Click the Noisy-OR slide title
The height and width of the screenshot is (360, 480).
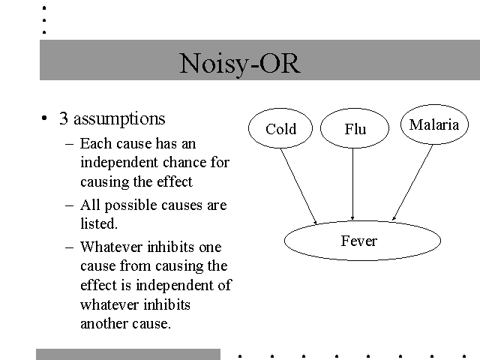(x=240, y=64)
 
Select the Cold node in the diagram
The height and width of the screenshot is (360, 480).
(x=280, y=128)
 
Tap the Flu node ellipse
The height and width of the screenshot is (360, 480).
(x=355, y=128)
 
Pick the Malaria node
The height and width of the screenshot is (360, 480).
(x=434, y=124)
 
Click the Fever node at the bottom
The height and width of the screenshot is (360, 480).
(x=362, y=241)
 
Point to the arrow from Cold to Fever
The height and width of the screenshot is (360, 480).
(x=298, y=187)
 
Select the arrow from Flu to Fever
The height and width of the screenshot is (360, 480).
(x=352, y=184)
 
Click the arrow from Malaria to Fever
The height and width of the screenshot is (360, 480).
(x=412, y=183)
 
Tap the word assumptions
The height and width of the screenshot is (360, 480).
(x=119, y=119)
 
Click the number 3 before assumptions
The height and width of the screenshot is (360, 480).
(x=63, y=118)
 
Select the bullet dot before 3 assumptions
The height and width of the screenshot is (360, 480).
(x=44, y=118)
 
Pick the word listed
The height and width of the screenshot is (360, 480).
(x=99, y=223)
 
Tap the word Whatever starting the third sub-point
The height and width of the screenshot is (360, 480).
(x=112, y=247)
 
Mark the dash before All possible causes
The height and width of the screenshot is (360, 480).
(x=70, y=205)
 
